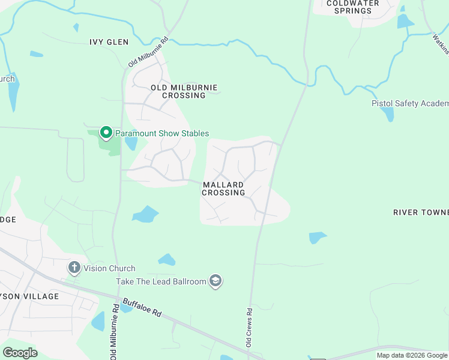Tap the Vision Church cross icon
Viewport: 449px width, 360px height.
click(74, 268)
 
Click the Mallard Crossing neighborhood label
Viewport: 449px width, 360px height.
click(223, 189)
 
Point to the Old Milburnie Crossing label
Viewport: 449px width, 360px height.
click(184, 91)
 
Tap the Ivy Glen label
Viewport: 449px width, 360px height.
click(109, 42)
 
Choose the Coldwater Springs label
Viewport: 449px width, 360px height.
click(353, 7)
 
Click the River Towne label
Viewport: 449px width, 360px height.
click(421, 212)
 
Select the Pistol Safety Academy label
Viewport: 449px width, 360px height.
click(410, 103)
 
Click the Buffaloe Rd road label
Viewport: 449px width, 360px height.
click(142, 307)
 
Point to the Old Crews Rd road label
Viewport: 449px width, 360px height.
click(249, 328)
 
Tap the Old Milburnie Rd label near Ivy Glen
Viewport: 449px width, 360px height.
click(148, 54)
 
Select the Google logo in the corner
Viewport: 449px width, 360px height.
click(20, 353)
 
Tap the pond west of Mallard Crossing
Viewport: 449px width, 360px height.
click(145, 214)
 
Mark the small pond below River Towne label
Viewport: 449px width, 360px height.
click(317, 238)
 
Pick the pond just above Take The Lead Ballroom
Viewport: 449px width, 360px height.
click(167, 259)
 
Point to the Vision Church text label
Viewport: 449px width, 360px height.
click(109, 268)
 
